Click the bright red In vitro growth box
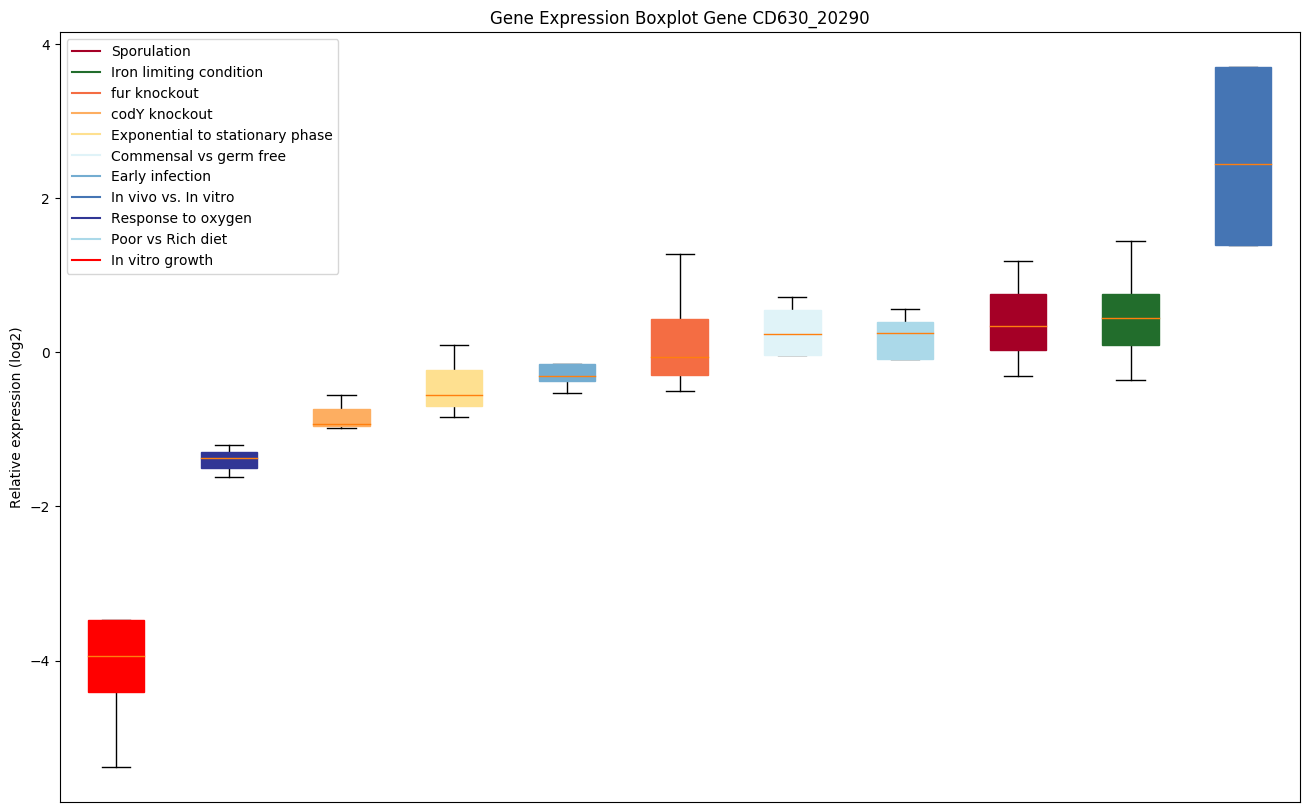coord(116,656)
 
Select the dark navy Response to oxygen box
coord(229,460)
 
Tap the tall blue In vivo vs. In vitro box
coord(1243,156)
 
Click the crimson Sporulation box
coord(1018,322)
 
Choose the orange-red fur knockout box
coord(680,347)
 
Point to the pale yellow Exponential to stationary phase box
coord(454,388)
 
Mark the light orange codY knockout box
coord(342,418)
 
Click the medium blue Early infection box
coord(567,373)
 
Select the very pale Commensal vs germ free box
coord(792,333)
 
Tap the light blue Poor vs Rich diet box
coord(905,341)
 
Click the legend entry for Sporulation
coord(150,51)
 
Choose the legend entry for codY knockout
coord(161,114)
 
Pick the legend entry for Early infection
coord(160,177)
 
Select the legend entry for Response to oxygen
coord(181,218)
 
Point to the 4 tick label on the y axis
coord(46,45)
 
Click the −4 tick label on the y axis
coord(41,661)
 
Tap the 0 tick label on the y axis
coord(46,353)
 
